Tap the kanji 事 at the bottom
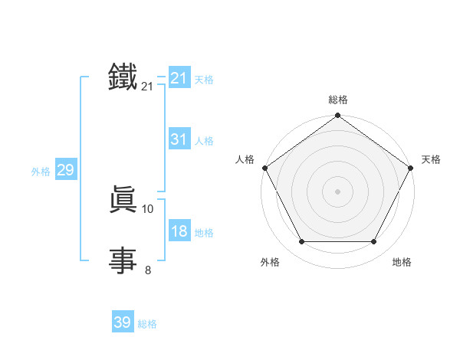point(123,260)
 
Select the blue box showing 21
point(179,77)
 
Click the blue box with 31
point(179,139)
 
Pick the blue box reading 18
point(179,231)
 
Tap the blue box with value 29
point(65,170)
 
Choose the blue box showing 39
point(122,322)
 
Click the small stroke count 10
point(148,208)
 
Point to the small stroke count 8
point(148,270)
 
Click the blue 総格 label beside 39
point(147,324)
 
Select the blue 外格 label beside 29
point(41,172)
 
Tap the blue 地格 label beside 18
point(204,233)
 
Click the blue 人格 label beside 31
point(204,141)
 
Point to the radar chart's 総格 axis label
point(337,100)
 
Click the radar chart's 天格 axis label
point(432,159)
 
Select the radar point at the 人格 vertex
point(264,168)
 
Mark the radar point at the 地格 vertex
point(374,242)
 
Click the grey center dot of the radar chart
point(337,191)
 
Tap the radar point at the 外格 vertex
point(301,242)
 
